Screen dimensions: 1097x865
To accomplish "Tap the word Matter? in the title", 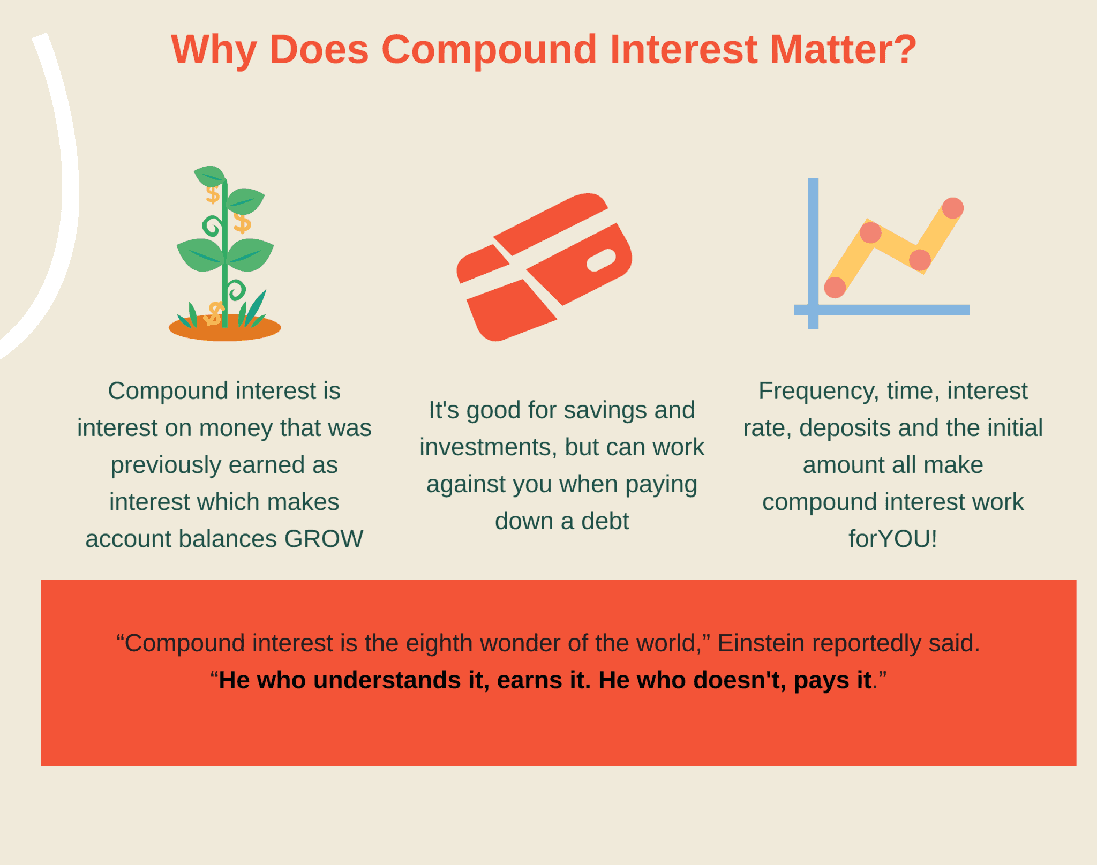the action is coord(843,50).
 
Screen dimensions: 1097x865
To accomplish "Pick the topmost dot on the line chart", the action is coord(952,208).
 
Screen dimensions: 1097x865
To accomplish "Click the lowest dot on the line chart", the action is coord(835,287).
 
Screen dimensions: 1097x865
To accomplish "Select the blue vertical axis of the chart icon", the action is coord(813,253).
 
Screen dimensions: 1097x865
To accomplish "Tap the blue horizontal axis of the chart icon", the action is coord(881,310).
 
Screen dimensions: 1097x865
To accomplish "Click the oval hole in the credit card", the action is coord(601,260).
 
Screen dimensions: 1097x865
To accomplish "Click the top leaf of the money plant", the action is coord(210,176).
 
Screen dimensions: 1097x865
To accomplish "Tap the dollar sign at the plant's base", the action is coord(214,314).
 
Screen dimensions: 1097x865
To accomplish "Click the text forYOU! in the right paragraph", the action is coord(893,539).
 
